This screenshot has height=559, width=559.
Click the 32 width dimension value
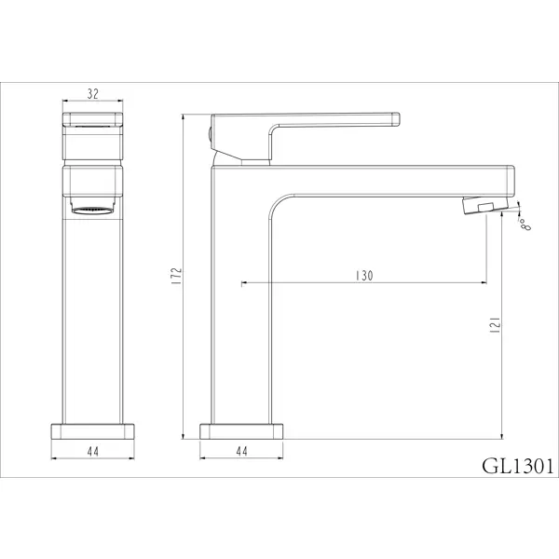92,94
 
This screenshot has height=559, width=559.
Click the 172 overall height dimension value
177,276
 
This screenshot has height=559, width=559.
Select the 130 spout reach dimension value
364,276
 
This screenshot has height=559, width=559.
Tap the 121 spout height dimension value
496,325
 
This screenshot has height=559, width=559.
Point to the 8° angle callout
525,225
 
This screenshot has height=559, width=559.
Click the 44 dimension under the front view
92,451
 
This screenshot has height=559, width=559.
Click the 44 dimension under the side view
241,451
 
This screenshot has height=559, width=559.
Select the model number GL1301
518,466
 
